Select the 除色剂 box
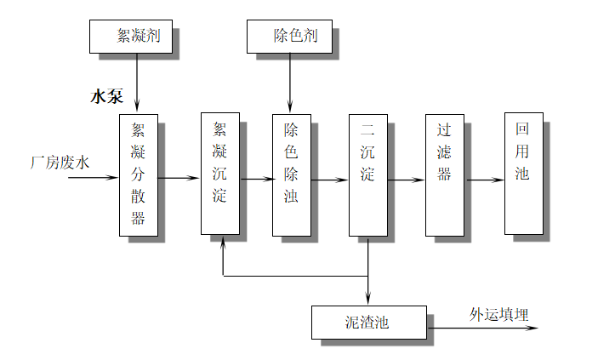(x=290, y=35)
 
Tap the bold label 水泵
(x=107, y=97)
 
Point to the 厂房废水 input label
(x=60, y=160)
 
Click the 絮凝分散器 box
(x=138, y=174)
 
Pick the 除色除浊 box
(x=291, y=174)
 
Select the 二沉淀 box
(x=367, y=175)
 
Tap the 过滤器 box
(x=444, y=174)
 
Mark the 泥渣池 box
(x=368, y=322)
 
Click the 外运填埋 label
(x=499, y=314)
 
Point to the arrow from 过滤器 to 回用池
(x=484, y=180)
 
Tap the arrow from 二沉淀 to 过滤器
(x=406, y=180)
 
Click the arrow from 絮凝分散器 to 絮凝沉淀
(x=179, y=178)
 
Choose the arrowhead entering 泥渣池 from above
(x=367, y=299)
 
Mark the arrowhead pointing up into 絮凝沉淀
(x=223, y=241)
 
